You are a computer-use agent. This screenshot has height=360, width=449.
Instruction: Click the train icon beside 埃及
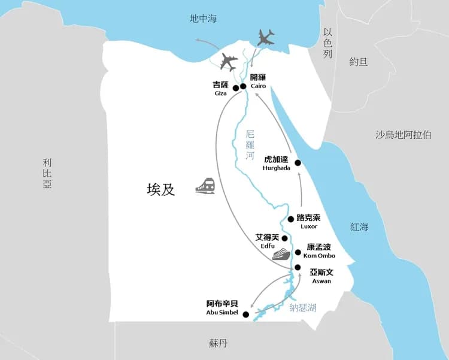[x=205, y=186]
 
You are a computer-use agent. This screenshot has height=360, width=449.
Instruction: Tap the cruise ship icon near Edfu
[x=281, y=255]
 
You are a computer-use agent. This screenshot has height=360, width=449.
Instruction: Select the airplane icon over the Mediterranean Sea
[x=266, y=38]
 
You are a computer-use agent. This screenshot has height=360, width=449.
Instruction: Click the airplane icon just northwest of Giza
[x=229, y=61]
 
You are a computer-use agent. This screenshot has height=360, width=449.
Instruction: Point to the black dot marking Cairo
[x=243, y=86]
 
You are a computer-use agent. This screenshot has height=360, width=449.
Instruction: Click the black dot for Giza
[x=236, y=88]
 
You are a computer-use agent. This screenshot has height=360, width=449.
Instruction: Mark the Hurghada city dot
[x=298, y=163]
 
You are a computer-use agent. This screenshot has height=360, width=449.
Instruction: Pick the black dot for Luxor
[x=291, y=219]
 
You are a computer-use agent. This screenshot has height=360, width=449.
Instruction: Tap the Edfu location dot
[x=285, y=238]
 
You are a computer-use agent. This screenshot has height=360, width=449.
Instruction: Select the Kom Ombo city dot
[x=298, y=252]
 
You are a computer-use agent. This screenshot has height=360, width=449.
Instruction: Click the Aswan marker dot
[x=298, y=268]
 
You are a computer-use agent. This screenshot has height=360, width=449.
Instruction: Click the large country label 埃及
[x=161, y=189]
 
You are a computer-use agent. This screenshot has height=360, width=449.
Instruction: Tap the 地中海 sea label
[x=203, y=19]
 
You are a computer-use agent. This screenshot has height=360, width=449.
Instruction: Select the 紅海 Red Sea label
[x=360, y=226]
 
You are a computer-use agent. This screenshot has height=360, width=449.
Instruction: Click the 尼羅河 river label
[x=250, y=147]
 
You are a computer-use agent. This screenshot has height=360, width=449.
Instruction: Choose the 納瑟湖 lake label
[x=303, y=308]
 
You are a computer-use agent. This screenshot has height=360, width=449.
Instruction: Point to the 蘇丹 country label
[x=219, y=343]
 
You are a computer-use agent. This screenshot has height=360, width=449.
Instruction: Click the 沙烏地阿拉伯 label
[x=403, y=135]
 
